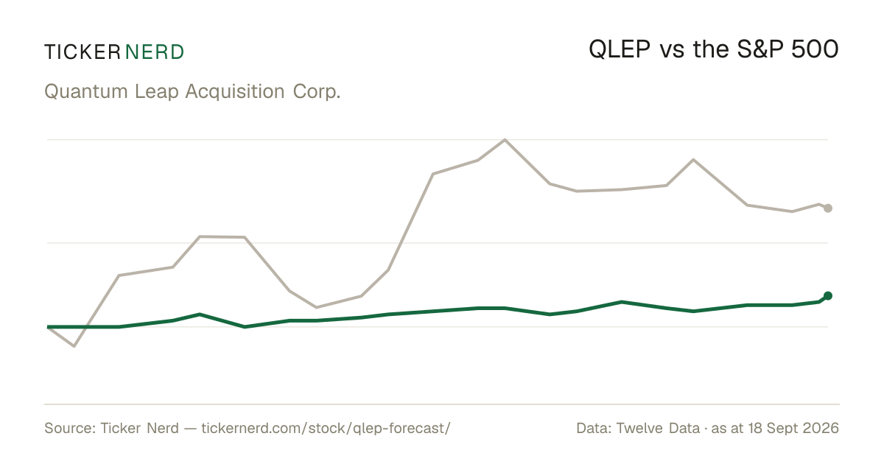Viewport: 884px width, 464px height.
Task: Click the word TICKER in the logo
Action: tap(83, 52)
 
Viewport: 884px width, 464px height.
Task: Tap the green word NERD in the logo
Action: tap(155, 52)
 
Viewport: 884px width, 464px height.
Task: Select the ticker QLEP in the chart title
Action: tap(620, 50)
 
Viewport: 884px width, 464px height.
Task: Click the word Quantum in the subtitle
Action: tap(85, 91)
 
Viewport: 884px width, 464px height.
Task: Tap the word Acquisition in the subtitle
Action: tap(235, 91)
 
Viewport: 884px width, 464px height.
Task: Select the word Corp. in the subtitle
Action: tap(317, 92)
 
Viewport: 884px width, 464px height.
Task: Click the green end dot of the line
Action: tap(828, 296)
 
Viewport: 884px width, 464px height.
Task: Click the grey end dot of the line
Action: tap(828, 208)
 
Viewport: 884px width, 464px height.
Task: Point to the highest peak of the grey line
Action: tap(505, 140)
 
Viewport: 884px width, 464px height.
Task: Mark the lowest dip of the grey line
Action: tap(74, 346)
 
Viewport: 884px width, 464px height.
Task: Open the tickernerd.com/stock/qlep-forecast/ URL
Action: tap(326, 429)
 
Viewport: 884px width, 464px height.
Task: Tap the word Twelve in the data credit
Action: tap(639, 428)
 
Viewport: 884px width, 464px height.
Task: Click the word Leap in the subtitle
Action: tap(157, 92)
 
